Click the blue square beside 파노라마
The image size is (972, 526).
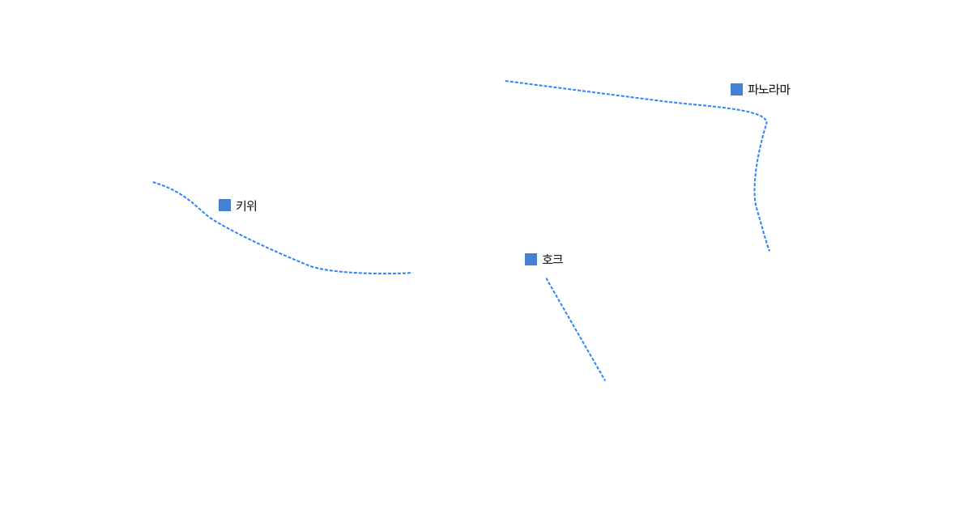736,89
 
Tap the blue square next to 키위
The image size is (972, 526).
225,205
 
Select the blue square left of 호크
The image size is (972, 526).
531,259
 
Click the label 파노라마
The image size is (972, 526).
769,89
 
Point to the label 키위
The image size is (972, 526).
246,206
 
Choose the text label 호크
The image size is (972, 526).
552,259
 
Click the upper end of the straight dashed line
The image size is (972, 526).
546,278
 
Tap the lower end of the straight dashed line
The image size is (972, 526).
605,380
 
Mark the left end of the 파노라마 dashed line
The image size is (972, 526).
505,81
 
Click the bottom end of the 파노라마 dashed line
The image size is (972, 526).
769,251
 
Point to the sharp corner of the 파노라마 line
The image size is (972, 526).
766,120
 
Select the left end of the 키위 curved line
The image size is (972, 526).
153,182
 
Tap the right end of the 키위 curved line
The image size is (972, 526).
411,273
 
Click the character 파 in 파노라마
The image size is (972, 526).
753,89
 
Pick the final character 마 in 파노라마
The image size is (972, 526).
785,89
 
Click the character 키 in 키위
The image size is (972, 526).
241,206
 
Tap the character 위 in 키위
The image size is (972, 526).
252,206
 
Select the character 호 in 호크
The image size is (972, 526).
548,259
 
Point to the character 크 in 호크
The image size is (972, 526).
557,259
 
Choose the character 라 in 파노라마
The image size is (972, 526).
774,89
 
